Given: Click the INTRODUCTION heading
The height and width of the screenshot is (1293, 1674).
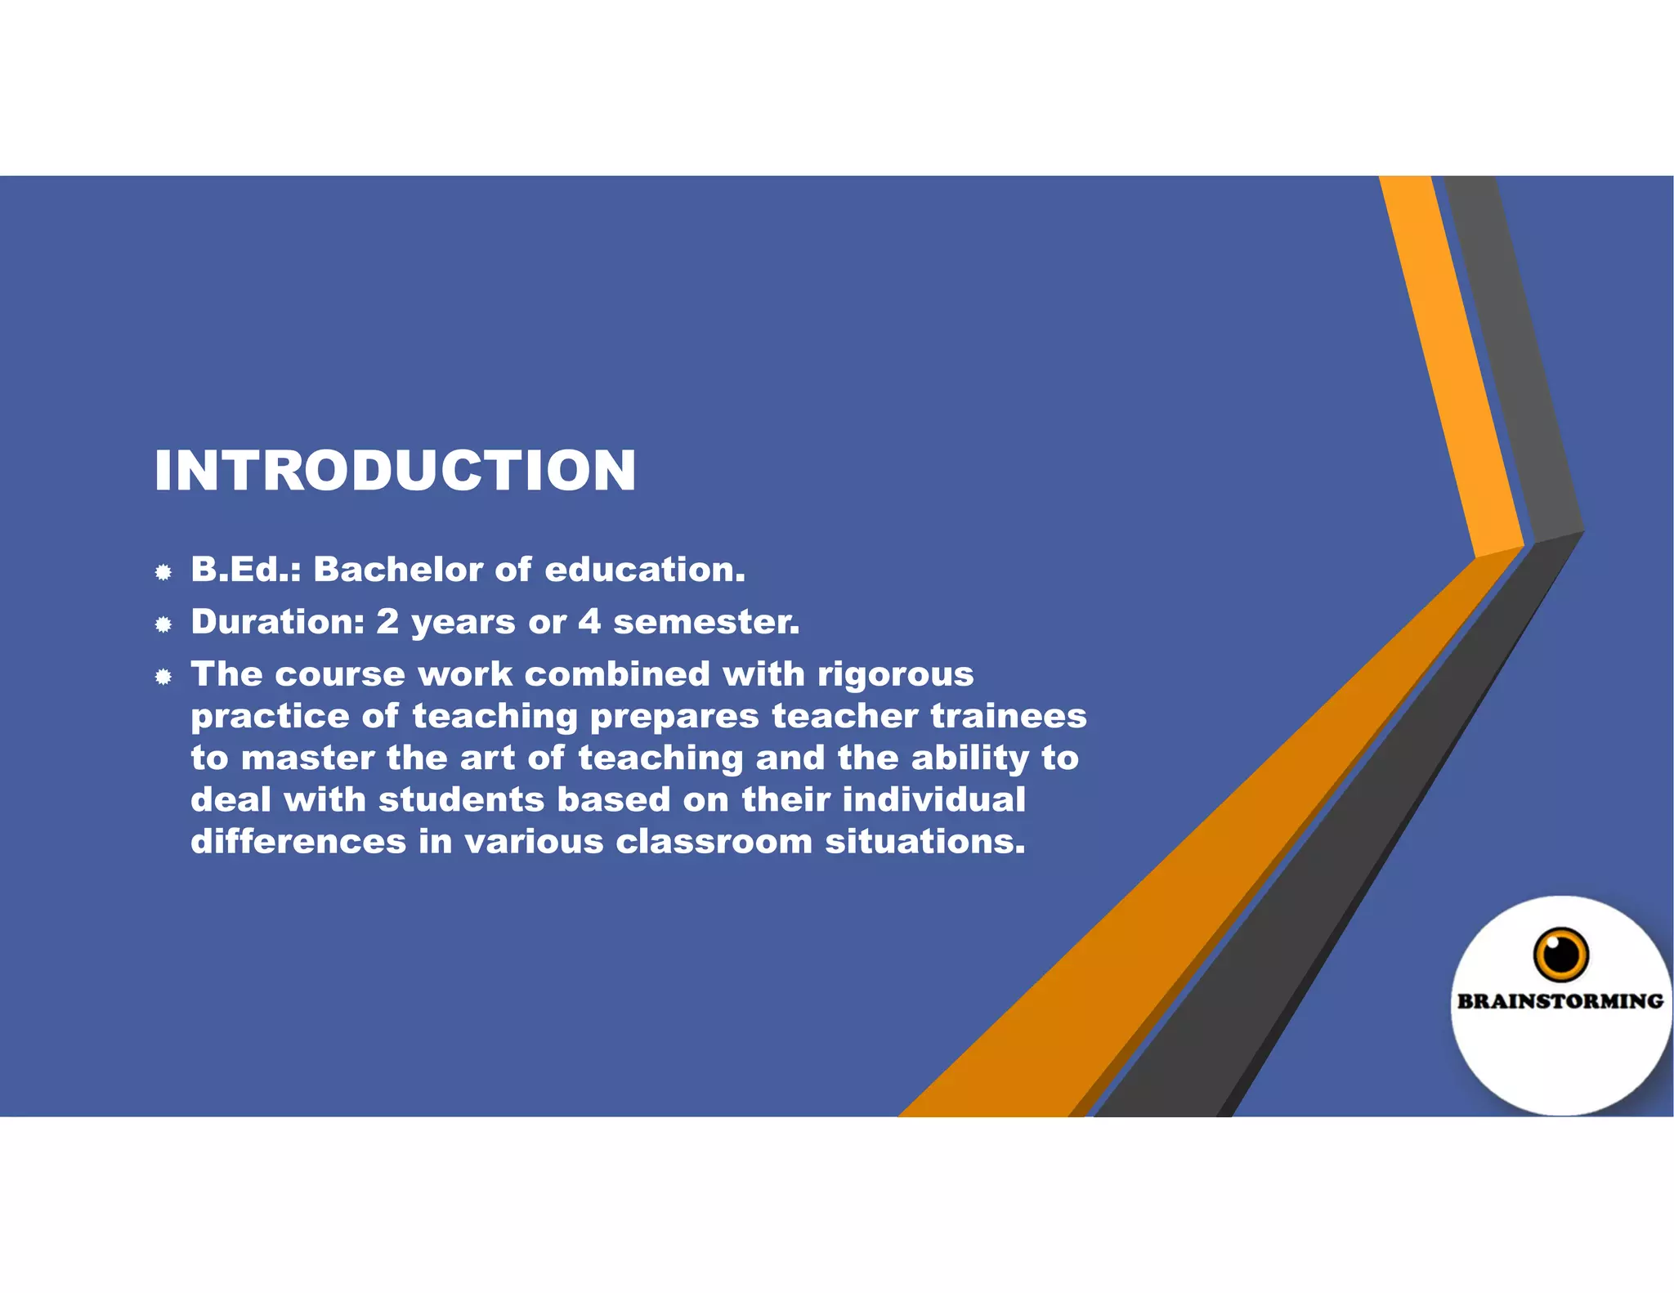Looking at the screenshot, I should point(395,471).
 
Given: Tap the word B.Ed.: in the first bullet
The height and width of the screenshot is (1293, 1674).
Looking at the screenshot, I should point(246,570).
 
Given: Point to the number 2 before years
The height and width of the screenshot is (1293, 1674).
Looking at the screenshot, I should point(387,622).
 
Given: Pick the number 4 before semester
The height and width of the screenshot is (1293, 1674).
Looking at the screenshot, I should point(589,622).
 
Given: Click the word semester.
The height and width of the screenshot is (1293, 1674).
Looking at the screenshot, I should point(706,622).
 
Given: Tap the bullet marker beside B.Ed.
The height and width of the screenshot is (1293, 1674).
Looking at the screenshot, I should point(163,572).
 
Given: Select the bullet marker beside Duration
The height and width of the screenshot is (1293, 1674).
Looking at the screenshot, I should point(163,624).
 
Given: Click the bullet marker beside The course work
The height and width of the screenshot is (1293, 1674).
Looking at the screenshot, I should point(163,677).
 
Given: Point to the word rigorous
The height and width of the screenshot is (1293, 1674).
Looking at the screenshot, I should point(896,675).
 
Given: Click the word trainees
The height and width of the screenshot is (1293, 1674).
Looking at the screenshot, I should point(1009,716).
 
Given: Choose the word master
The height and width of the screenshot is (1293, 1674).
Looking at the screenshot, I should point(307,758).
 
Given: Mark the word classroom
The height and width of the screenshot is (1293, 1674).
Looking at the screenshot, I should point(714,842).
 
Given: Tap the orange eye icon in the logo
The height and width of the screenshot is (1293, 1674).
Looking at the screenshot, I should point(1560,954).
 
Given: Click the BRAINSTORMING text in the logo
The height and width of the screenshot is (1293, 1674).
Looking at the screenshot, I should point(1560,1001).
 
